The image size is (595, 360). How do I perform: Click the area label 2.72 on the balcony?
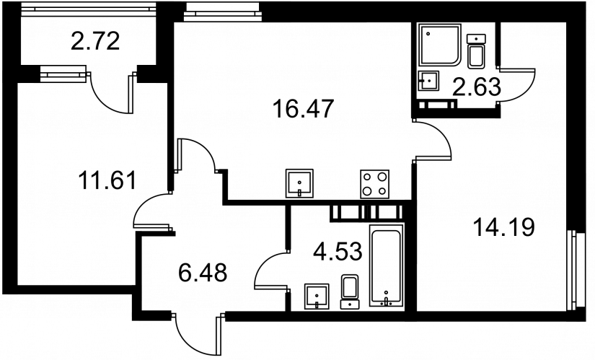point(95,41)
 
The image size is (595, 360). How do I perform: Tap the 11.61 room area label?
point(107,180)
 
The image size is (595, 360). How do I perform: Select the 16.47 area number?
point(303,109)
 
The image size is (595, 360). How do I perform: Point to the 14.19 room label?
point(504,227)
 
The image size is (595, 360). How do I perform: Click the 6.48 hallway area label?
point(203,272)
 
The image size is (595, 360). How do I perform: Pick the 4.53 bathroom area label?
point(338,251)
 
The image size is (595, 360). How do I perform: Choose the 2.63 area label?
point(477,87)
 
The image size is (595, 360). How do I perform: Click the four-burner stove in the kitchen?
point(374,184)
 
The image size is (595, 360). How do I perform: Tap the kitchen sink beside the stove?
point(299,183)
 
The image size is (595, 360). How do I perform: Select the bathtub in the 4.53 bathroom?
point(386,265)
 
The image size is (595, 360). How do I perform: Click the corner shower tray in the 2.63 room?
point(439,45)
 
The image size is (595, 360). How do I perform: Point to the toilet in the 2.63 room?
point(476,51)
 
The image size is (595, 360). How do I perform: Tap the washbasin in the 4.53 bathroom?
point(317,297)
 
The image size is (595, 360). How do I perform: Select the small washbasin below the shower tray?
point(428,81)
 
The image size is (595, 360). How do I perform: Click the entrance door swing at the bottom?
point(197,334)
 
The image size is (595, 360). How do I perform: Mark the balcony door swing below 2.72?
point(113,93)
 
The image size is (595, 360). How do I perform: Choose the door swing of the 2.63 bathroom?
point(517,85)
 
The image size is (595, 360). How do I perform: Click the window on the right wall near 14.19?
point(575,270)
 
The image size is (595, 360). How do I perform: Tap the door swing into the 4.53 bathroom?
point(271,271)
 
